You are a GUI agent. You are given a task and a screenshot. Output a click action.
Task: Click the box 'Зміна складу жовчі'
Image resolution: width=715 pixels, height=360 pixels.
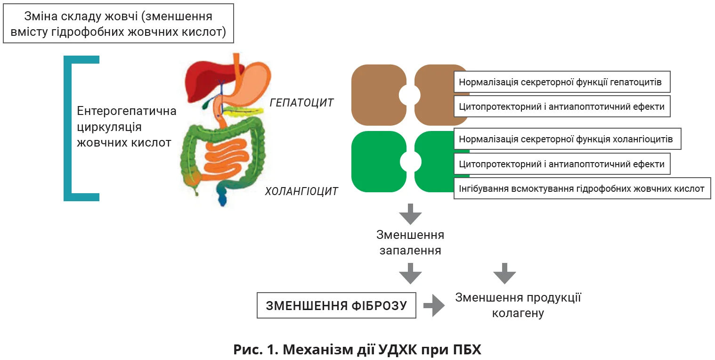(118, 24)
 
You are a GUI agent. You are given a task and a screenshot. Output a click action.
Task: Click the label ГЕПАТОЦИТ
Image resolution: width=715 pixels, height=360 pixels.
(301, 102)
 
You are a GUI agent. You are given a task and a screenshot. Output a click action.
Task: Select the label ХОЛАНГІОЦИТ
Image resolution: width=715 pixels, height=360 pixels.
(301, 191)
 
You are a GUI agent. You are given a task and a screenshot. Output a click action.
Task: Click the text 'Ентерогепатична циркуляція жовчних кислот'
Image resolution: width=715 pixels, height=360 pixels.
(126, 127)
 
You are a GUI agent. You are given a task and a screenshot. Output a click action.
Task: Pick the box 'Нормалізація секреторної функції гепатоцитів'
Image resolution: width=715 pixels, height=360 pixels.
(561, 82)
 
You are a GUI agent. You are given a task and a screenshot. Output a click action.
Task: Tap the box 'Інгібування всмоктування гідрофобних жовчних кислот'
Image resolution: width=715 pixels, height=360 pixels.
(582, 189)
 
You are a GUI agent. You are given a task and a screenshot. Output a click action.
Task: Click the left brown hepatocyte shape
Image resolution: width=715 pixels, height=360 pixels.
(377, 95)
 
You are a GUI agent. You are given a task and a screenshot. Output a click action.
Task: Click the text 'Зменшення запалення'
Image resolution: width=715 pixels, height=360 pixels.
(410, 242)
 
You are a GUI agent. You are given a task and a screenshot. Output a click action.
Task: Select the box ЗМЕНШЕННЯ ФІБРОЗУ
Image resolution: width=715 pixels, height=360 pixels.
(336, 305)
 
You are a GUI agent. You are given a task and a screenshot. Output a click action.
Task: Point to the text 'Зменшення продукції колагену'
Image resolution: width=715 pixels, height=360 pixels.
(518, 305)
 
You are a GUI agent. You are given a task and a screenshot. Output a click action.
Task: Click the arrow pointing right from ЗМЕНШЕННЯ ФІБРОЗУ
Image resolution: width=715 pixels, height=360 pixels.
(434, 305)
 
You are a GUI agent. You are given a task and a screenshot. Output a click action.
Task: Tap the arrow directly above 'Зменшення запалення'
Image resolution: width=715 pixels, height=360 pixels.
(410, 214)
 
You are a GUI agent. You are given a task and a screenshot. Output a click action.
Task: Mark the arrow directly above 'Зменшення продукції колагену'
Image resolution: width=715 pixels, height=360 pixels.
(505, 273)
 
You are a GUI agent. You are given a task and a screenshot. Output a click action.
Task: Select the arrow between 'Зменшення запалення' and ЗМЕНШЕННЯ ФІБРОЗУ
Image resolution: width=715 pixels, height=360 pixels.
(410, 273)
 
